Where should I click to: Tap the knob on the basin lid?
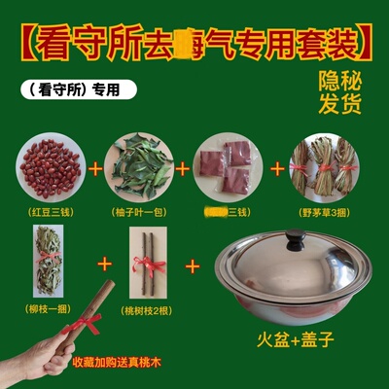(x=293, y=237)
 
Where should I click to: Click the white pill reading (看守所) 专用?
(x=76, y=89)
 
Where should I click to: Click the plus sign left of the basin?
(x=193, y=265)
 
